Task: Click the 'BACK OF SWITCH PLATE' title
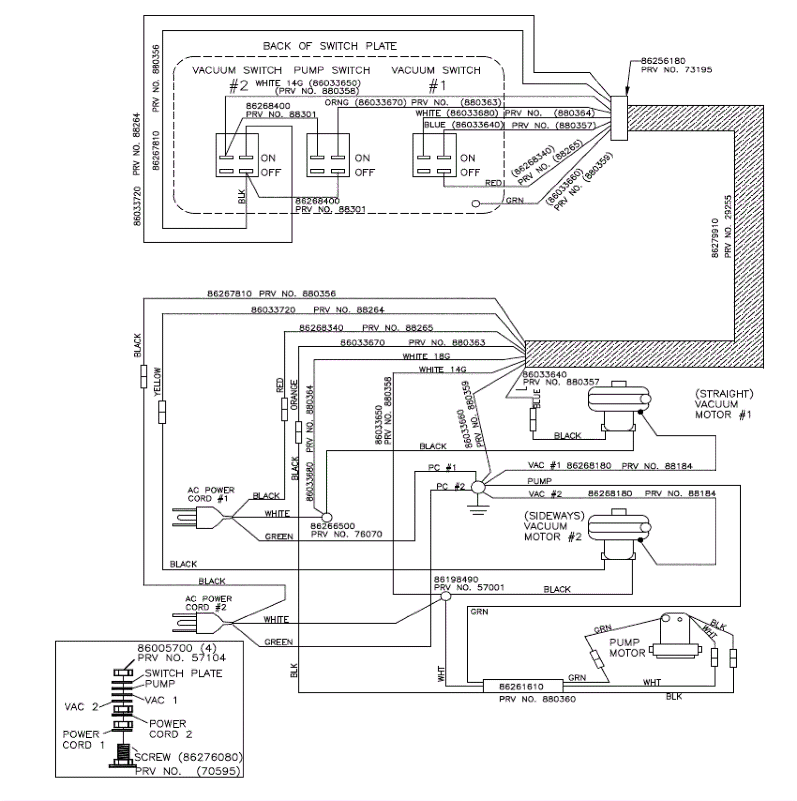pos(330,46)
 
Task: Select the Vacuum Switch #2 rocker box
pos(237,155)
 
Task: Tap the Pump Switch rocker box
pos(328,155)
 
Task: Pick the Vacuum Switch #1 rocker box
pos(434,155)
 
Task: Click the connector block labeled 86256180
pos(619,118)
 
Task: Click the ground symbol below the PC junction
pos(478,509)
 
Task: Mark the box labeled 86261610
pos(522,686)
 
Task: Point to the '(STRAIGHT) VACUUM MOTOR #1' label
pos(724,404)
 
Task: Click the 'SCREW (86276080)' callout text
pos(188,757)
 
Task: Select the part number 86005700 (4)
pos(177,648)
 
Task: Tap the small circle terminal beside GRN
pos(476,204)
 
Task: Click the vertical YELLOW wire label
pos(157,382)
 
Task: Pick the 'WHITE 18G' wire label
pos(426,356)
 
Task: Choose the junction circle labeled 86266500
pos(327,518)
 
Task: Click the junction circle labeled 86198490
pos(446,596)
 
